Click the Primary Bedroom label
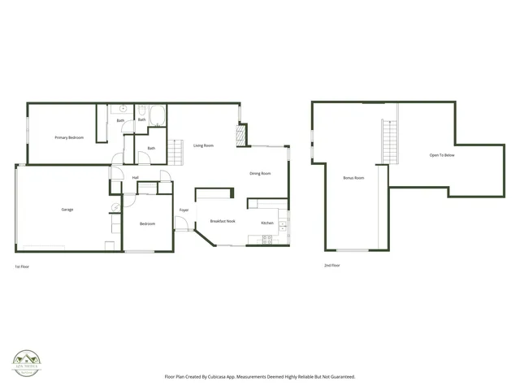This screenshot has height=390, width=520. (x=69, y=138)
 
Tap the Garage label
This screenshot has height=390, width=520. (x=67, y=210)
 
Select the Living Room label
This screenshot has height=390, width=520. (x=203, y=145)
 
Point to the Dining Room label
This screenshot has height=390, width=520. (x=260, y=173)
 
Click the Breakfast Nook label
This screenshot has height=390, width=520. (x=223, y=222)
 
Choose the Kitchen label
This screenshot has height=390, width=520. (x=266, y=223)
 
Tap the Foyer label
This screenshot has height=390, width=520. (x=184, y=210)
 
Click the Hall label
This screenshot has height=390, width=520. (x=135, y=177)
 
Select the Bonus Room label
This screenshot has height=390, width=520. (x=353, y=177)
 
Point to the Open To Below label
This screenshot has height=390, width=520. (x=442, y=154)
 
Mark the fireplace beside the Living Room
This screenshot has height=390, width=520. (x=241, y=135)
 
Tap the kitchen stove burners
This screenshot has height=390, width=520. (x=266, y=239)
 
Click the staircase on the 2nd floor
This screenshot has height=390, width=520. (x=389, y=140)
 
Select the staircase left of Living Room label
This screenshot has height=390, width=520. (x=175, y=150)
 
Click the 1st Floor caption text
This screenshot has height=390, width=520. (x=24, y=266)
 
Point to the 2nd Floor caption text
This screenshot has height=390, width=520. (x=331, y=266)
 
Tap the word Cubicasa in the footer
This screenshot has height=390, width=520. (x=229, y=376)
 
